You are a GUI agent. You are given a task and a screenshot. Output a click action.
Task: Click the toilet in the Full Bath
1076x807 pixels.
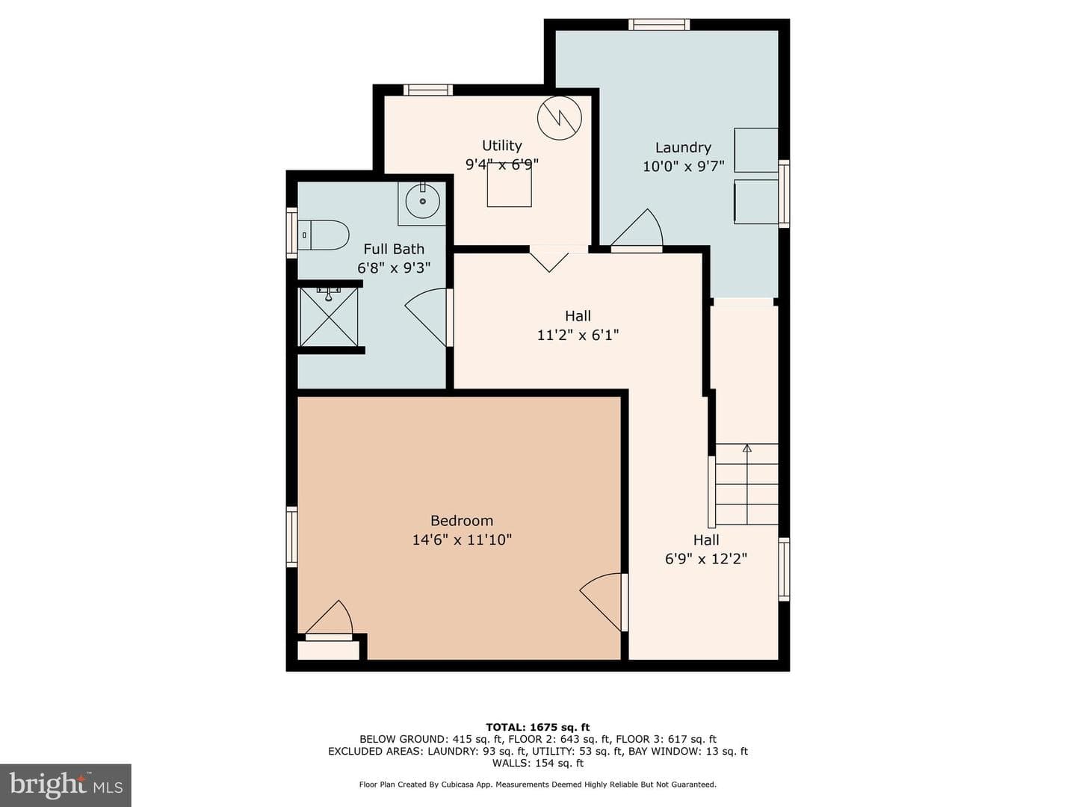(323, 235)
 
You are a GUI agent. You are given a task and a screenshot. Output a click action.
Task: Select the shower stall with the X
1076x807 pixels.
(329, 317)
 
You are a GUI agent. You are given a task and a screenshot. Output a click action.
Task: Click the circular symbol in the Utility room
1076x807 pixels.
(560, 118)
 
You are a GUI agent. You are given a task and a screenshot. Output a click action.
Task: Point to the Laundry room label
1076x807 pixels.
(683, 147)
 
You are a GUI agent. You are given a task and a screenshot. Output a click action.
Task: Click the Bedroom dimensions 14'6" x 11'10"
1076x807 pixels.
(462, 540)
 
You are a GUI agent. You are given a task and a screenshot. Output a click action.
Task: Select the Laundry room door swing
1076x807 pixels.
(637, 229)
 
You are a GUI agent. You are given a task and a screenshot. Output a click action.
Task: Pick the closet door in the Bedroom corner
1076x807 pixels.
(329, 620)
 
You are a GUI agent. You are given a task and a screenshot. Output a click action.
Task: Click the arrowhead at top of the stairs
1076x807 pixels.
(746, 448)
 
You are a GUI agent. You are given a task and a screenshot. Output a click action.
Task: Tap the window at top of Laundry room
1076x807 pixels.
(659, 25)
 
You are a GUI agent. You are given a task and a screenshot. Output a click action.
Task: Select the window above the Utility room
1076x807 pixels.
(428, 90)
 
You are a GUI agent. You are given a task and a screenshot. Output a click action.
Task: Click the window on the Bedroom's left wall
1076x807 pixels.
(291, 537)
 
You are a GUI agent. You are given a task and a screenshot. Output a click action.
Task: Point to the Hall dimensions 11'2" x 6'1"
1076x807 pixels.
(578, 336)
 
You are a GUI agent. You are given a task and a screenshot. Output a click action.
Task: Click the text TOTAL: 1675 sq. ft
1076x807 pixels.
(538, 727)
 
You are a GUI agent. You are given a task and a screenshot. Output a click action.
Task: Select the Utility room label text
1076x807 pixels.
(502, 146)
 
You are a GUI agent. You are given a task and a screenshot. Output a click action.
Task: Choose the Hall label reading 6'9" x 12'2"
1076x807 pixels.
(706, 559)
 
